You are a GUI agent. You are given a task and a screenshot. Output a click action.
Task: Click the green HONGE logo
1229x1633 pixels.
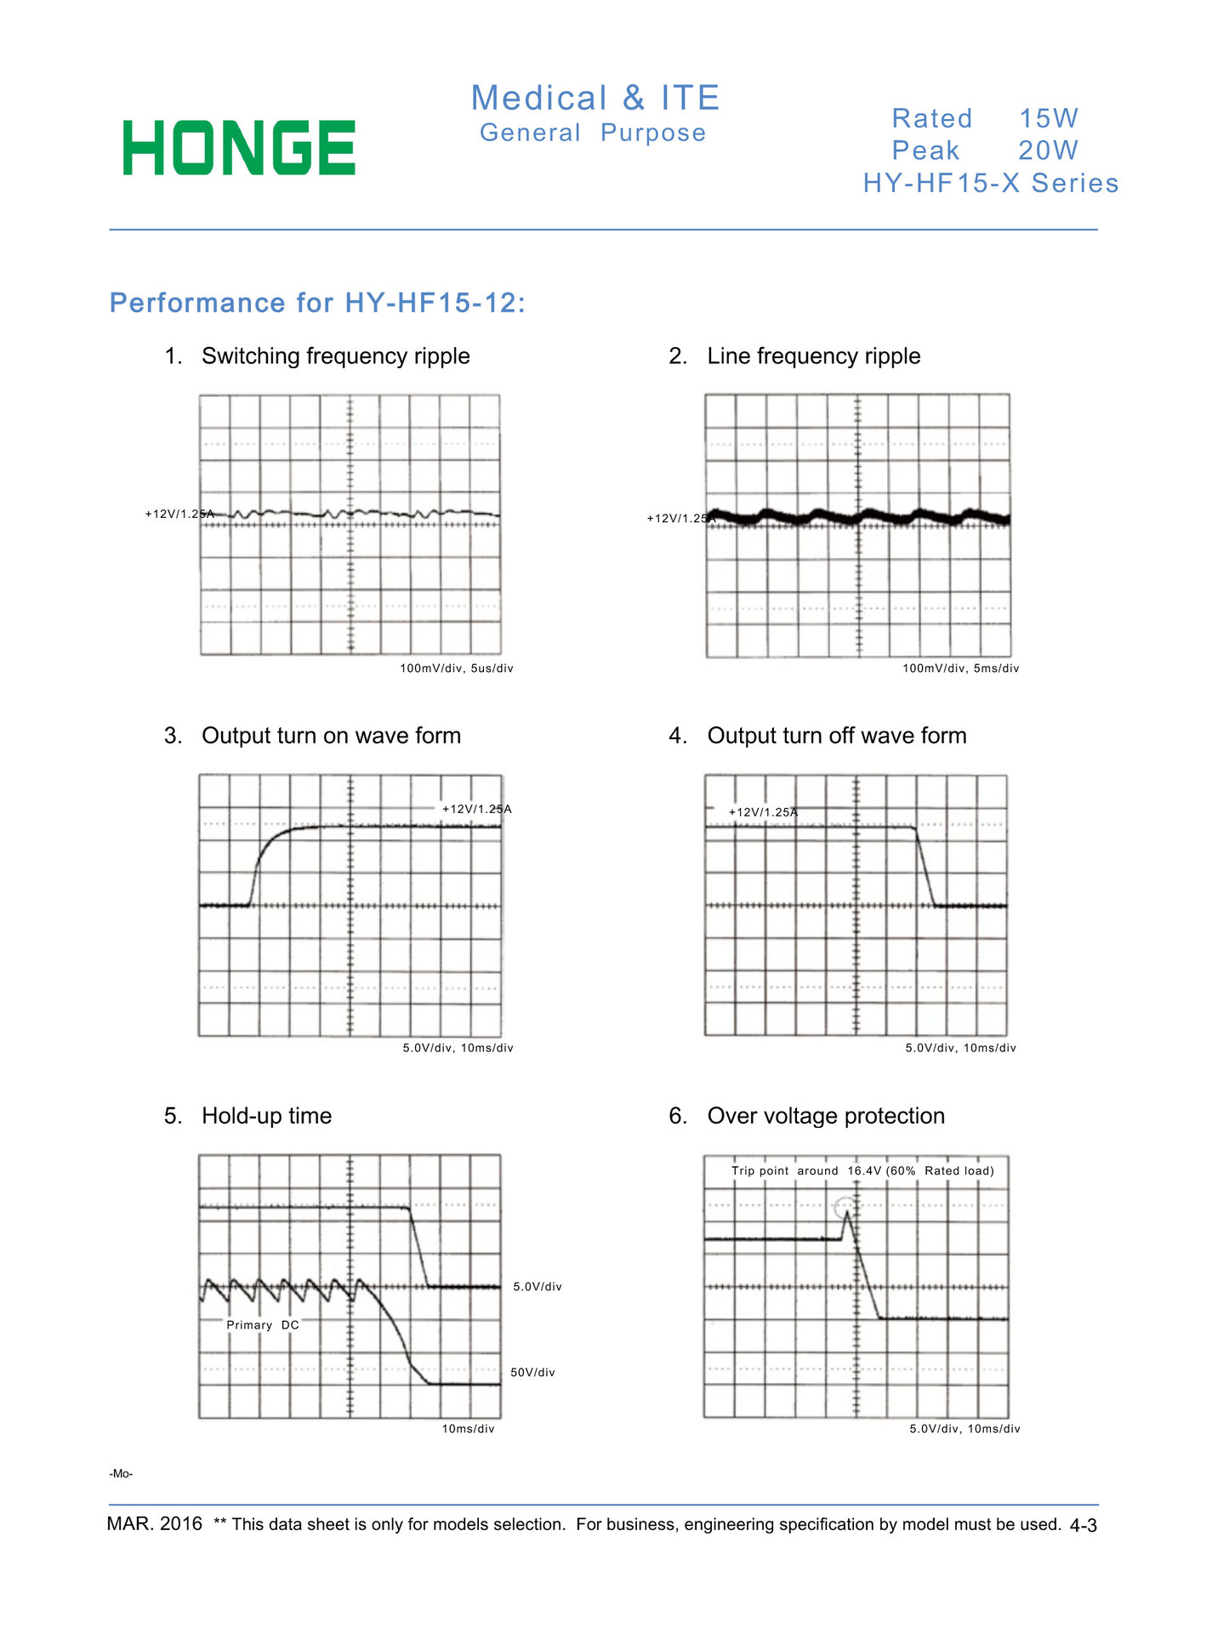click(x=239, y=148)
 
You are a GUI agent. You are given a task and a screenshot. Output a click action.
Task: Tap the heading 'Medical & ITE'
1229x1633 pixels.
click(x=595, y=98)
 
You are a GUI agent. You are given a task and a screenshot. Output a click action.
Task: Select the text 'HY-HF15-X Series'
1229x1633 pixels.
click(x=991, y=183)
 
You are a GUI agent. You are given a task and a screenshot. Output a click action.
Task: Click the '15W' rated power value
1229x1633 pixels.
click(x=1049, y=118)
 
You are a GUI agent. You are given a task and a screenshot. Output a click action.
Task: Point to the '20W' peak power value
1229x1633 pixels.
click(x=1048, y=151)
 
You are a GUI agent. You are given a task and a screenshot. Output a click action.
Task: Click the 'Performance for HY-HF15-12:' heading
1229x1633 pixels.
click(x=318, y=303)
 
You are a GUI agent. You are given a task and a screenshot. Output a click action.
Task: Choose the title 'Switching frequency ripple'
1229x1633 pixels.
click(x=335, y=356)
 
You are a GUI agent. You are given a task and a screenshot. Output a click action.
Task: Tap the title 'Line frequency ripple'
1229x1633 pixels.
click(x=813, y=356)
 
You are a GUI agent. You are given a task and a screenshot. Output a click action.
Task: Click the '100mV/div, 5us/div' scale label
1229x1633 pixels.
click(x=457, y=669)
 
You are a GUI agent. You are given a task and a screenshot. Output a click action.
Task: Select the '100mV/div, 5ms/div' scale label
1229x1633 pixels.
click(x=960, y=669)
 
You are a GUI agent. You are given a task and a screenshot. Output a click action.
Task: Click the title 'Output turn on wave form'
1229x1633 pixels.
click(x=331, y=736)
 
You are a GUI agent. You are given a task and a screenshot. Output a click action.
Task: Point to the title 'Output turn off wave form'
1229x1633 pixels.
click(x=837, y=736)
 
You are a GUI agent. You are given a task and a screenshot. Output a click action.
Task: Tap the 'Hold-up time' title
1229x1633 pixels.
click(x=266, y=1116)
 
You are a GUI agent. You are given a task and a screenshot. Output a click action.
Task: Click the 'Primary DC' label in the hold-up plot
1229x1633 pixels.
click(x=263, y=1325)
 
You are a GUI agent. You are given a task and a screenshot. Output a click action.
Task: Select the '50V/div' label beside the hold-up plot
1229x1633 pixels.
click(x=532, y=1373)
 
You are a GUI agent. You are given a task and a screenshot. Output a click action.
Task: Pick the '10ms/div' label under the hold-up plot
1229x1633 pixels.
click(x=468, y=1429)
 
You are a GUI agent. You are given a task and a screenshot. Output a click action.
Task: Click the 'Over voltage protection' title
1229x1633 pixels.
click(x=826, y=1116)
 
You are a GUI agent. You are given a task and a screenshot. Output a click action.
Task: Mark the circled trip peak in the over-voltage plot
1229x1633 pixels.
click(x=845, y=1208)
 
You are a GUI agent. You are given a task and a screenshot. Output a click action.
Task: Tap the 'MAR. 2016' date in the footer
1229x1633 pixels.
click(x=155, y=1523)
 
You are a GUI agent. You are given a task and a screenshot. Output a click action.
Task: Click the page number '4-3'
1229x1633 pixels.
click(x=1083, y=1526)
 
